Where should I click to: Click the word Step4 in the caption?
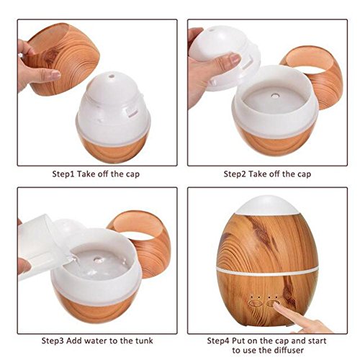(218, 341)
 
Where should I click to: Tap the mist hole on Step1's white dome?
(111, 76)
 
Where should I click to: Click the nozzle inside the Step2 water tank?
(274, 96)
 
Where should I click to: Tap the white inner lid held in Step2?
(225, 59)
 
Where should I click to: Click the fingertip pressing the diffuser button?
(276, 305)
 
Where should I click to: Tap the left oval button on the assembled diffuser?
(255, 303)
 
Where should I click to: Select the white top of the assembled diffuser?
(268, 205)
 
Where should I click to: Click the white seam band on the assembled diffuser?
(267, 271)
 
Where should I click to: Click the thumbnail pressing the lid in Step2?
(234, 58)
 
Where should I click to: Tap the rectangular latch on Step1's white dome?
(132, 112)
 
